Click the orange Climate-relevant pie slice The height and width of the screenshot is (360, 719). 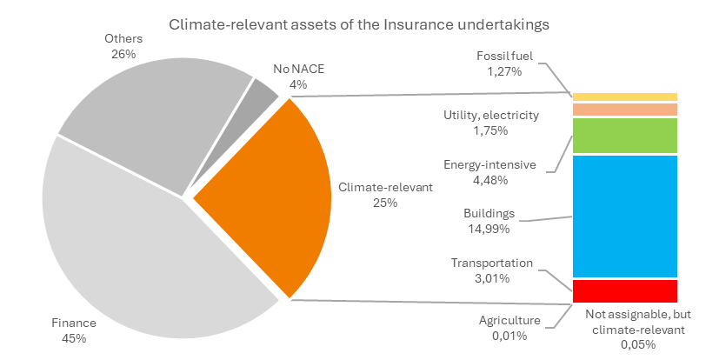(x=275, y=198)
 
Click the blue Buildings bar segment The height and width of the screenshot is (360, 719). (x=625, y=217)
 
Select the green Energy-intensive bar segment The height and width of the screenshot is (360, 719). (x=625, y=136)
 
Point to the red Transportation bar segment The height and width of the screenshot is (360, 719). (x=625, y=290)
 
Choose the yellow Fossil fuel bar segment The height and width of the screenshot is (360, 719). (x=625, y=97)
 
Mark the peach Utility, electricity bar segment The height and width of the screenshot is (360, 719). (x=625, y=110)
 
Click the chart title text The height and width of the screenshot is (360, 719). (x=359, y=23)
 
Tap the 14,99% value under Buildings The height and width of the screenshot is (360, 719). (x=489, y=229)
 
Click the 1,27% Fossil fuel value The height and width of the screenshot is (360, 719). (x=505, y=71)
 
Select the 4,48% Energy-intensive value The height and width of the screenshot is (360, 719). (x=490, y=180)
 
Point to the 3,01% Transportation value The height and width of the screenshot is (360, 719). (x=492, y=278)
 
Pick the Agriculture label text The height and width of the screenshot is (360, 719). (x=509, y=321)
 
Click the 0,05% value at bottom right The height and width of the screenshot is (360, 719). (x=638, y=345)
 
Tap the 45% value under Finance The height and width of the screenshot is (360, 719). (x=74, y=338)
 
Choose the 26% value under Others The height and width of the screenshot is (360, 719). (x=123, y=54)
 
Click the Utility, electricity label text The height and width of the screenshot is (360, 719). (x=491, y=115)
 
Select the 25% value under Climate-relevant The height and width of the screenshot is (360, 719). (x=385, y=203)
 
